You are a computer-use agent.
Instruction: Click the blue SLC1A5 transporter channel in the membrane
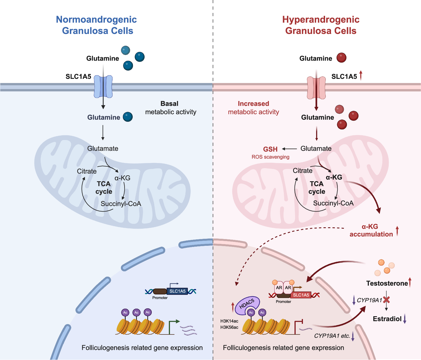click(x=103, y=86)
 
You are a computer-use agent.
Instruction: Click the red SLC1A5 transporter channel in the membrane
click(x=316, y=88)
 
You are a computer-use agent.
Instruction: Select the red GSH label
click(x=270, y=149)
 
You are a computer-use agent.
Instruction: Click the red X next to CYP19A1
click(x=387, y=300)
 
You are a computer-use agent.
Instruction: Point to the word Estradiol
click(x=387, y=319)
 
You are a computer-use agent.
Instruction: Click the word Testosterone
click(x=387, y=283)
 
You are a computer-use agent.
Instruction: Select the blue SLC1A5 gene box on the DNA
click(x=177, y=291)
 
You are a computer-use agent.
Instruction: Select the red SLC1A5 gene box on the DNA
click(x=301, y=295)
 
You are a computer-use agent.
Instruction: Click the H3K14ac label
click(x=229, y=321)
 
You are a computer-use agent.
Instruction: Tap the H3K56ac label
click(x=229, y=327)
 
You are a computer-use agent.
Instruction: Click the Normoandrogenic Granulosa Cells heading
click(x=96, y=25)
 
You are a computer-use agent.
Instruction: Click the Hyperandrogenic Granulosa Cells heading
click(x=321, y=25)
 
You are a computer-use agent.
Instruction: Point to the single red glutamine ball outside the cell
click(x=341, y=58)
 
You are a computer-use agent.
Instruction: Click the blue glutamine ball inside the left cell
click(x=128, y=117)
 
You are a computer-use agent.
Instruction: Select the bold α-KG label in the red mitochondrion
click(x=334, y=177)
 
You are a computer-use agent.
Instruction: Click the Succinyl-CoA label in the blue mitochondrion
click(x=121, y=204)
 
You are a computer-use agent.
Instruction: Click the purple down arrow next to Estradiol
click(x=405, y=319)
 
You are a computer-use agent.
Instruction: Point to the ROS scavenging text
click(x=270, y=157)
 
